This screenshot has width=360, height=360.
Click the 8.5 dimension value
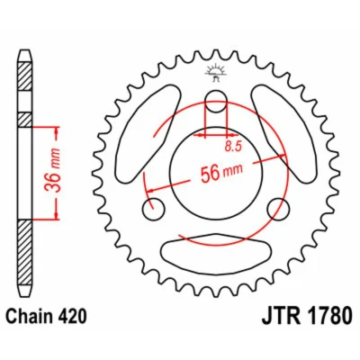(233, 147)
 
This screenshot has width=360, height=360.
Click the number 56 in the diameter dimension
(210, 174)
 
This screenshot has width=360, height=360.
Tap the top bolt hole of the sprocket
(216, 101)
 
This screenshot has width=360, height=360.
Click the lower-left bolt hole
(153, 209)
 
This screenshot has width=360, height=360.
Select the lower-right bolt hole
(278, 209)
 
